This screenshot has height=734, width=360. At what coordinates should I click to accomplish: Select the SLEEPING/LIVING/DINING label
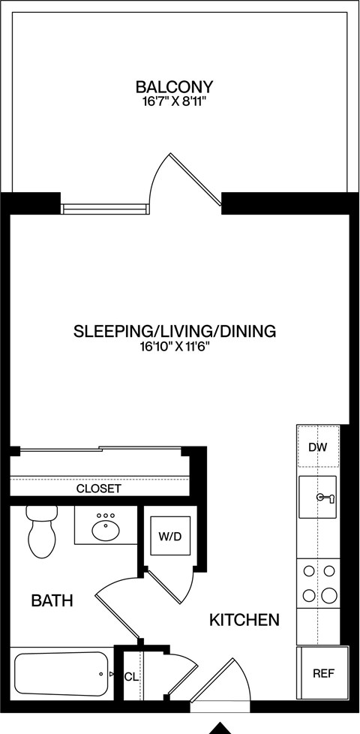(x=175, y=331)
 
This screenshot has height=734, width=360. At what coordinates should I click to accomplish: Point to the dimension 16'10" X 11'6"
(x=174, y=347)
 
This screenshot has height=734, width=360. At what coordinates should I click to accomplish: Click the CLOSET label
(x=98, y=489)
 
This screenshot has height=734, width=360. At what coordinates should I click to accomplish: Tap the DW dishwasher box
(x=318, y=447)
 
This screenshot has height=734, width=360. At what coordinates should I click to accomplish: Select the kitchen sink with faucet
(x=319, y=497)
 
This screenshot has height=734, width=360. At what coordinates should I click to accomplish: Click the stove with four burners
(x=319, y=583)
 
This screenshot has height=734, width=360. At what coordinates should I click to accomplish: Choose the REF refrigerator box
(x=323, y=673)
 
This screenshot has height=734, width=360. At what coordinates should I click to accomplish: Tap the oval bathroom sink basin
(x=106, y=530)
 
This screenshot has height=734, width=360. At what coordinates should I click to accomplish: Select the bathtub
(x=60, y=675)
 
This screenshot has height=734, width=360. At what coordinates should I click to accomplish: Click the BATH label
(x=52, y=600)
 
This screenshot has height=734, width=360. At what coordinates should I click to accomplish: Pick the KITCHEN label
(x=244, y=620)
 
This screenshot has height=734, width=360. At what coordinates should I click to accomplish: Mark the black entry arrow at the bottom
(x=220, y=727)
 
